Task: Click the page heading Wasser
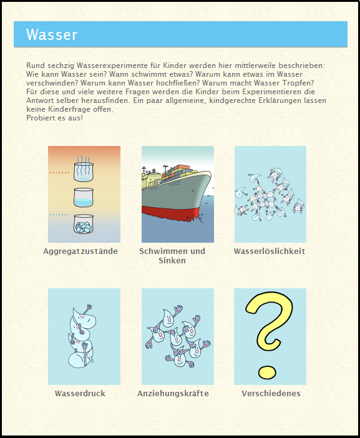point(52,34)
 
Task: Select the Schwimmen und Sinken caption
point(172,256)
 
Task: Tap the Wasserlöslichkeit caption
point(270,251)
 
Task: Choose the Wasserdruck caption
point(80,394)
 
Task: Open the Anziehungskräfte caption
point(173,394)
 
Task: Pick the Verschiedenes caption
point(271,394)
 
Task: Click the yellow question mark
point(270,334)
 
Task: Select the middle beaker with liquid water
point(84,198)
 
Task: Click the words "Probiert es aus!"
point(55,118)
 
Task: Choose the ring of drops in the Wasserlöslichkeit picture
point(270,193)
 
